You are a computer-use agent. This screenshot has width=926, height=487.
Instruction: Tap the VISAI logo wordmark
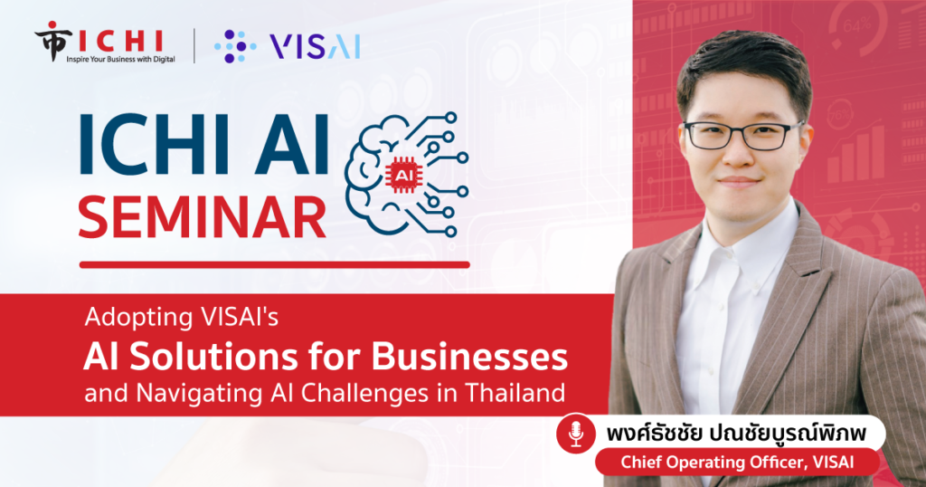pos(314,46)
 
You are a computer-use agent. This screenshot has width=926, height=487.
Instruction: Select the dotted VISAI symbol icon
pos(235,46)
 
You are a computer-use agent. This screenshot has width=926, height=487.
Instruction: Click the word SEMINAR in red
pos(202,217)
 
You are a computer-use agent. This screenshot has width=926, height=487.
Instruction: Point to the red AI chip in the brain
pos(402,176)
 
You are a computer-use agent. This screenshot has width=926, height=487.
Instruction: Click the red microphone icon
pos(576,434)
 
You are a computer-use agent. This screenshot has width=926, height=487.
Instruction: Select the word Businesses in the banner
pos(469,357)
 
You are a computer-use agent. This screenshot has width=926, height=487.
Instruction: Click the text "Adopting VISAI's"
pos(181,318)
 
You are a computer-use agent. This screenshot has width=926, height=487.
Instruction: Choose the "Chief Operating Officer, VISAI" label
pos(737,463)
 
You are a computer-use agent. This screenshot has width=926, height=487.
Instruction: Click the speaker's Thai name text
pos(736,434)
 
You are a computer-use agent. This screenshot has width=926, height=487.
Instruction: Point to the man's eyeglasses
pos(743,136)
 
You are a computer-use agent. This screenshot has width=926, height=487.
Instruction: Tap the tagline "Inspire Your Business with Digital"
pos(120,59)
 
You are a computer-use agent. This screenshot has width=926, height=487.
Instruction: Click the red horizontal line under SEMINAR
pos(275,265)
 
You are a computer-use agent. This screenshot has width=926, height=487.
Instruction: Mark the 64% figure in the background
pos(857,25)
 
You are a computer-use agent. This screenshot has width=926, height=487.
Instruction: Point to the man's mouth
pos(737,182)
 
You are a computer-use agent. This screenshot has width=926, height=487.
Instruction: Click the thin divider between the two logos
pos(194,45)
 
